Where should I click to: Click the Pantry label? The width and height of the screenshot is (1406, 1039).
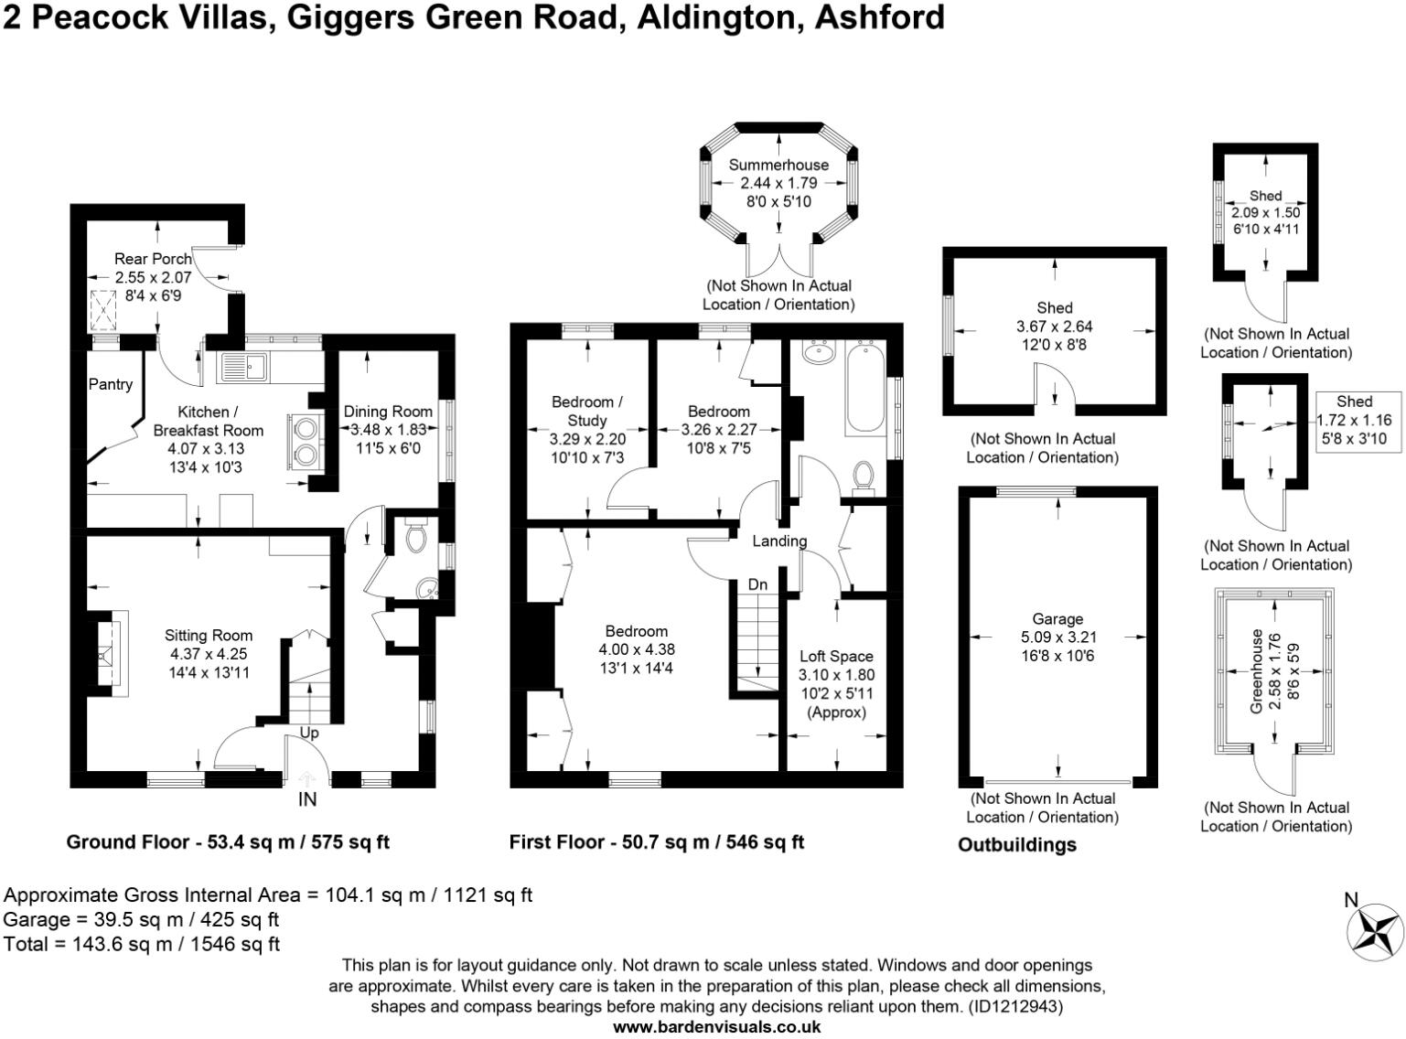coord(110,384)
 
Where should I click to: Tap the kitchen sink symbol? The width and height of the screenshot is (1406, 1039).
coord(242,367)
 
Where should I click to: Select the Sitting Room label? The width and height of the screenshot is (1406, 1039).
coord(209,636)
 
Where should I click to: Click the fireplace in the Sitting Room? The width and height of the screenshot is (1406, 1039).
coord(106,653)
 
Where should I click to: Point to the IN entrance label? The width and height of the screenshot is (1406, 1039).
coord(307,800)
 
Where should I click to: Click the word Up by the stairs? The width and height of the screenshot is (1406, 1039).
coord(309,734)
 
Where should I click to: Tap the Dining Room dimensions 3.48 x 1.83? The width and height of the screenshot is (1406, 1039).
coord(388,430)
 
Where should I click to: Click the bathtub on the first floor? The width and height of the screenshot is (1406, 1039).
coord(864,390)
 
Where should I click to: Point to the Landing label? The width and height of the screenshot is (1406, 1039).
coord(779,541)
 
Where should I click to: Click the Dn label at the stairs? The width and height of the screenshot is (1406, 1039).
coord(757,585)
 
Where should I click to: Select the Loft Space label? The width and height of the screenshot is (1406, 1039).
coord(836,657)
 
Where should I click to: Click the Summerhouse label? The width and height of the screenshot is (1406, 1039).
coord(778,166)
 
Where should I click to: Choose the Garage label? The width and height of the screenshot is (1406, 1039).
coord(1057,619)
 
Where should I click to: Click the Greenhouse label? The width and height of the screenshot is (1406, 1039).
coord(1257,670)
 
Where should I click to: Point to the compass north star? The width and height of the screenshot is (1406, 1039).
coord(1375,932)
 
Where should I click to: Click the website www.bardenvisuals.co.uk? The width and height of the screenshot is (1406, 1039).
coord(716,1027)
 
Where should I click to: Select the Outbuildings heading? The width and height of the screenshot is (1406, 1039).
coord(1016,845)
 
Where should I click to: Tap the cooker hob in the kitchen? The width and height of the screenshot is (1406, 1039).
coord(305,440)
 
